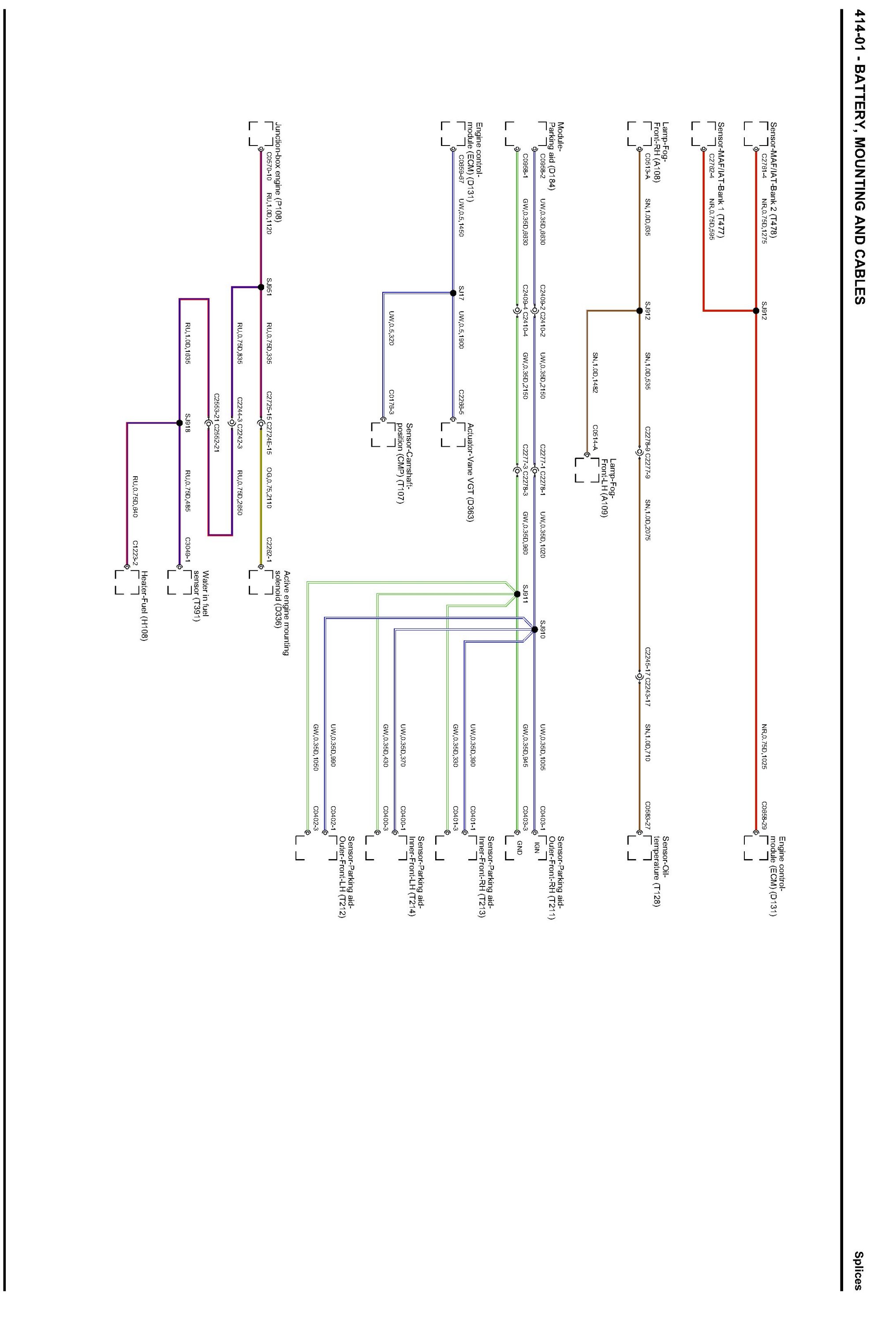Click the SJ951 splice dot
coord(260,287)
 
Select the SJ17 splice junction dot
coord(453,293)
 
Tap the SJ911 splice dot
coord(517,594)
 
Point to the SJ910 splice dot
coord(535,629)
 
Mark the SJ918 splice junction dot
coord(179,423)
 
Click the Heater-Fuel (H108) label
coord(144,605)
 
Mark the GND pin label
coord(519,847)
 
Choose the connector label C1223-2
coord(135,551)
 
